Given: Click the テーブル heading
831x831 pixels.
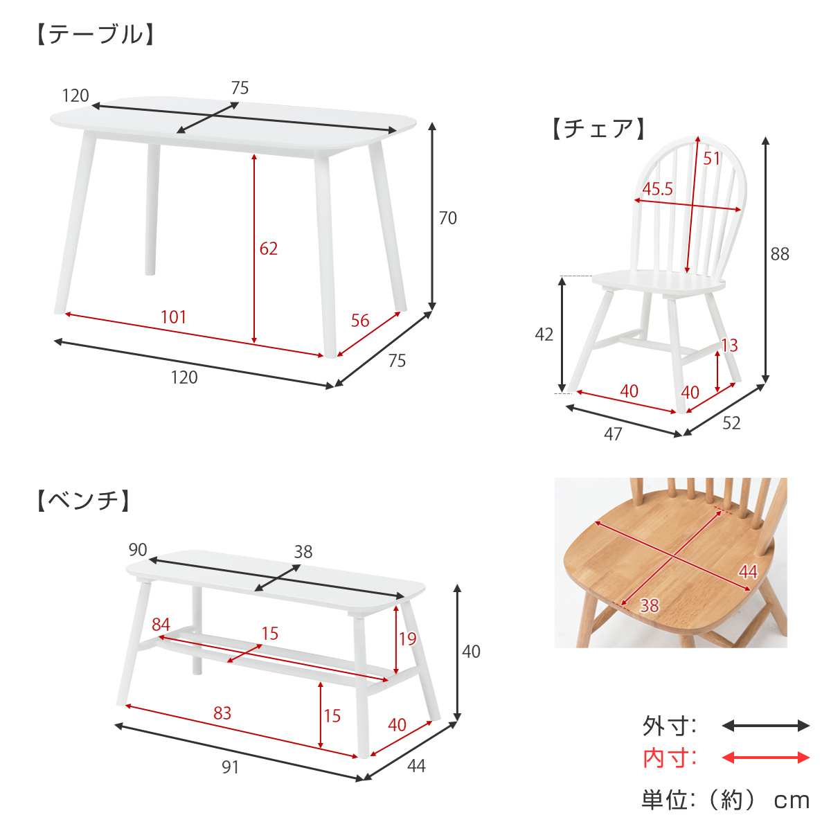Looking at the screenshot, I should [x=96, y=35].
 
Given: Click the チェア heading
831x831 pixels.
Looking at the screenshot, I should [x=598, y=129].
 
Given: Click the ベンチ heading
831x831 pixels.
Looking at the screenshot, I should [x=83, y=500].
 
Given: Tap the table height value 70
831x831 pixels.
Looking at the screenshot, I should [x=448, y=218].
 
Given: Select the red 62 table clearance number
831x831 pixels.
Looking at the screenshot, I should [x=269, y=248].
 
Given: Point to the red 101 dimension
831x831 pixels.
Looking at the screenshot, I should [x=174, y=317].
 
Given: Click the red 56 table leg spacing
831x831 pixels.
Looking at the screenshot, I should [x=360, y=320].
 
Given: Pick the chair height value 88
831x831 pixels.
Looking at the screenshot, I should [x=780, y=254].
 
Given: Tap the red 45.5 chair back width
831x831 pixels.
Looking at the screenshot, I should [x=657, y=189].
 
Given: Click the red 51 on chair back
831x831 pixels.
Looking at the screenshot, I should [x=712, y=159].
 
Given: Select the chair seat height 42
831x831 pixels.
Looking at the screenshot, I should [x=544, y=334].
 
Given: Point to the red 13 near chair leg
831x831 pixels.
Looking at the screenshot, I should [x=729, y=345].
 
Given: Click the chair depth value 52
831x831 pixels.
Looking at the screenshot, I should [x=731, y=422].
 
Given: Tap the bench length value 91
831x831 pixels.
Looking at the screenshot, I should [x=230, y=767].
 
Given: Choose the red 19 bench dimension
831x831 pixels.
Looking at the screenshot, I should [x=408, y=638].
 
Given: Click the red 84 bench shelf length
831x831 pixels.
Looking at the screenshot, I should [x=161, y=625].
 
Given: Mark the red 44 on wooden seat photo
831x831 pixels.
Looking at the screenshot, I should [x=748, y=571].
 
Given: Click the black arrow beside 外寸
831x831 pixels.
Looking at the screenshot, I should [x=765, y=726].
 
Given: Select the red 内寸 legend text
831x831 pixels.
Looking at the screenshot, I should [x=669, y=758].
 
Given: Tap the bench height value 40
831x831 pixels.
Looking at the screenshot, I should [x=471, y=651].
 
